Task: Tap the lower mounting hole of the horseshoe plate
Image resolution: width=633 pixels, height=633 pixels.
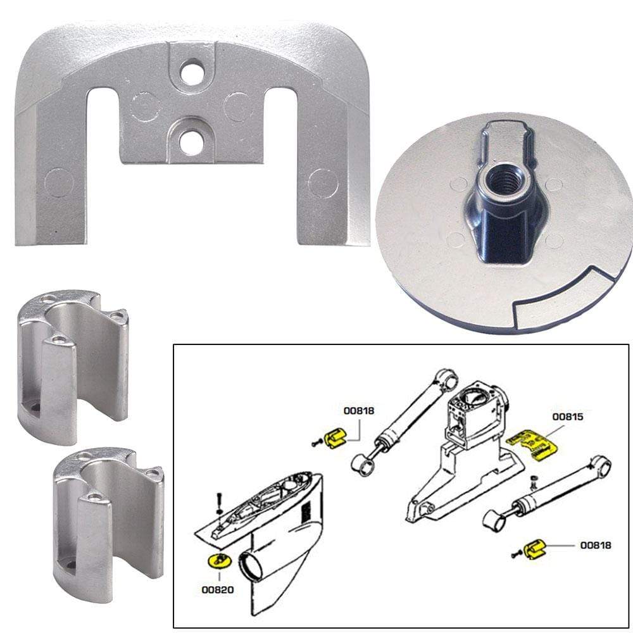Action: [191, 142]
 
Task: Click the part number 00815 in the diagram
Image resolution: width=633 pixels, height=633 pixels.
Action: [567, 417]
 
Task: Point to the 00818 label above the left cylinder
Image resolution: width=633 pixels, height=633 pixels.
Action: [359, 411]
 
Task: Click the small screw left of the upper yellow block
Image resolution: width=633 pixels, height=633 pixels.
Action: [315, 442]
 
